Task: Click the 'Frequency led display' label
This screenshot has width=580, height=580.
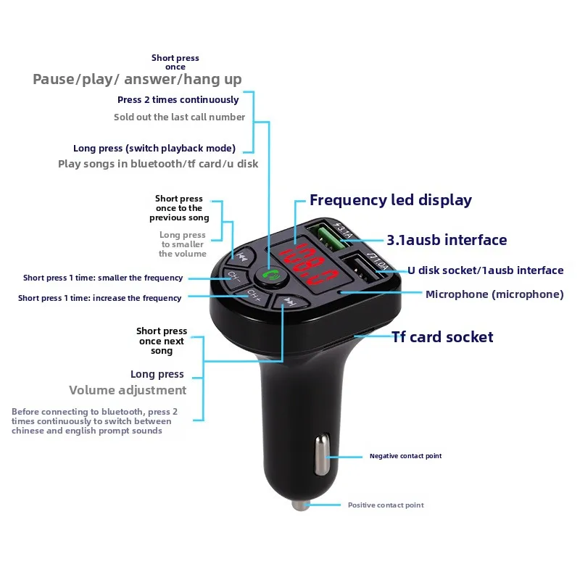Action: pyautogui.click(x=391, y=200)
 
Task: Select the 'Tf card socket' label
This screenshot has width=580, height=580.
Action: pyautogui.click(x=442, y=336)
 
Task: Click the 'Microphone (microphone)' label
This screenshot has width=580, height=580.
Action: pyautogui.click(x=494, y=294)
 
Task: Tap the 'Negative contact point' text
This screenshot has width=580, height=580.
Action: pyautogui.click(x=405, y=456)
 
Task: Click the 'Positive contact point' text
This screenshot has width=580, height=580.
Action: pyautogui.click(x=386, y=505)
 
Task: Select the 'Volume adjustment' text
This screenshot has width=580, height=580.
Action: pyautogui.click(x=128, y=390)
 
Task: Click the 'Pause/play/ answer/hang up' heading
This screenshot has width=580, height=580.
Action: pyautogui.click(x=137, y=79)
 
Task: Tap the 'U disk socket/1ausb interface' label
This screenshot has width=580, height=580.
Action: pyautogui.click(x=485, y=270)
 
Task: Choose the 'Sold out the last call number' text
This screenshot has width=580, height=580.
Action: pyautogui.click(x=179, y=117)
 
